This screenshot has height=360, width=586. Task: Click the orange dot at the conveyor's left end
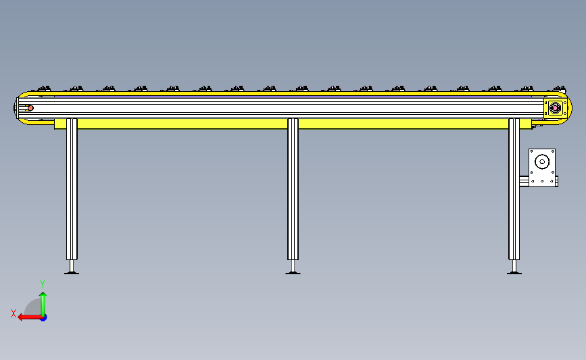(x=30, y=108)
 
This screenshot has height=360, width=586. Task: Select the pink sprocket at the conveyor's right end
(x=556, y=108)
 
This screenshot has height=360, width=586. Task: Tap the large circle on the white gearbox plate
(x=542, y=162)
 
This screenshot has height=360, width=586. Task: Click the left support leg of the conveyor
(x=72, y=189)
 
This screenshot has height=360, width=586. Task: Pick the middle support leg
(x=293, y=189)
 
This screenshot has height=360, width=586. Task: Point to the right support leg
(x=514, y=189)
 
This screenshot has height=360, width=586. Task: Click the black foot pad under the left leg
(x=72, y=273)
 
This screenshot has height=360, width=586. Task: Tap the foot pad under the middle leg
(x=293, y=273)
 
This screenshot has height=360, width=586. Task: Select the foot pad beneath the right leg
(x=514, y=273)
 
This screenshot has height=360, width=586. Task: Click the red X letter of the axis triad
(x=14, y=313)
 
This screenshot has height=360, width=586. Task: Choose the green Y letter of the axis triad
(x=43, y=284)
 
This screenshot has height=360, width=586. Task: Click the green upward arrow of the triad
(x=43, y=305)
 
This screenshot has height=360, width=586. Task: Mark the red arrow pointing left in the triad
(x=30, y=317)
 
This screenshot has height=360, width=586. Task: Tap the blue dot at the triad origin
(x=44, y=318)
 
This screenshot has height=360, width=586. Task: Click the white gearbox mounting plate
(x=542, y=168)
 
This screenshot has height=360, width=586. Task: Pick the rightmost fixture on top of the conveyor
(x=558, y=89)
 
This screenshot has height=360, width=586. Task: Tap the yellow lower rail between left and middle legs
(x=182, y=124)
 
